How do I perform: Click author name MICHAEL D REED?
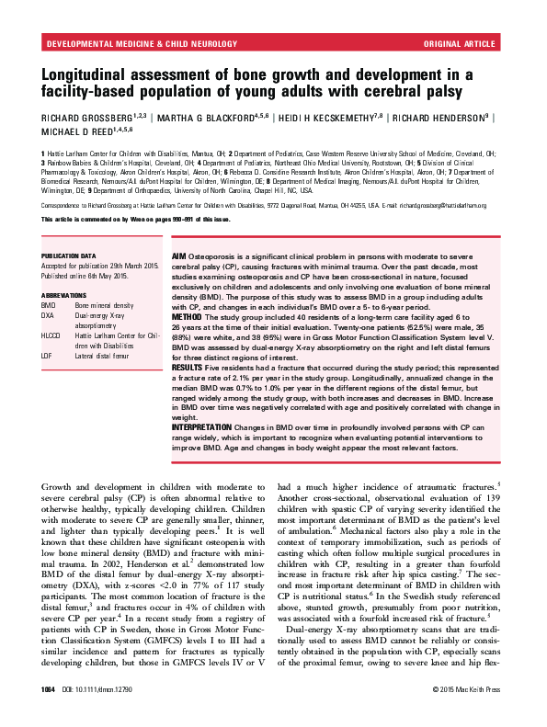point(78,132)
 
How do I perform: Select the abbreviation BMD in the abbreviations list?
point(49,304)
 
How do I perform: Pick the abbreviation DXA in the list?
point(49,314)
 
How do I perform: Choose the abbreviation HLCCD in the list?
point(51,336)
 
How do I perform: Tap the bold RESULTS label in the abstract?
point(190,392)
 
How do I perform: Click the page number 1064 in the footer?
point(48,714)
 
